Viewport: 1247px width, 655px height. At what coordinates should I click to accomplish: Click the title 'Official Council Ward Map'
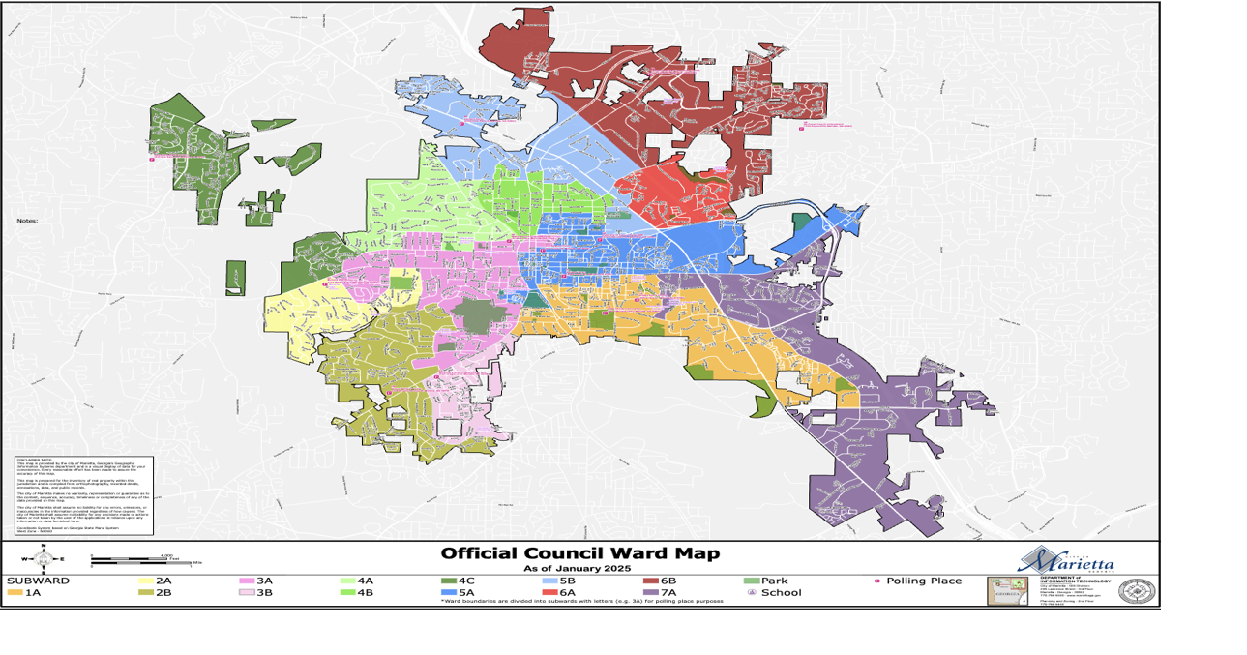pos(579,553)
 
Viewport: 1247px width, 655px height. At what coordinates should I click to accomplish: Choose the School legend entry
pos(774,592)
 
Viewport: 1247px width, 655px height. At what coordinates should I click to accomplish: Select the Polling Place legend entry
pos(919,581)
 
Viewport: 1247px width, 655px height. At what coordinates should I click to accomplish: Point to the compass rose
pos(43,558)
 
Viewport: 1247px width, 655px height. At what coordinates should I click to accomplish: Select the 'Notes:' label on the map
pos(26,221)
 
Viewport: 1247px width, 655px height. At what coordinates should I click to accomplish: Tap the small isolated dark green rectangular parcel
pos(235,278)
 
